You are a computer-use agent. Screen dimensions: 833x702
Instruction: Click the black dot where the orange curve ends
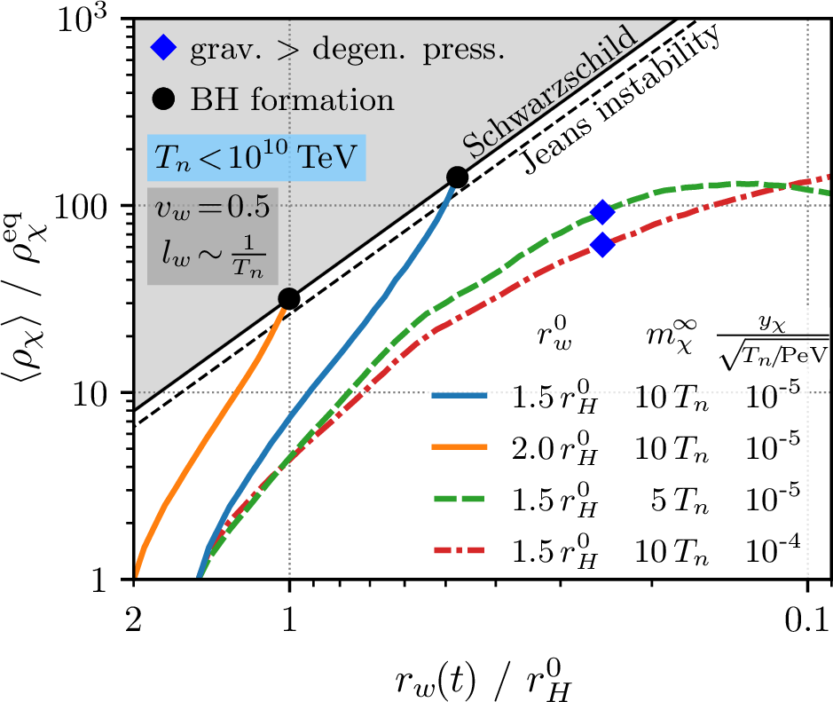pyautogui.click(x=289, y=299)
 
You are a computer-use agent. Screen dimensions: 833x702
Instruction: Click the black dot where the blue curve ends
pyautogui.click(x=457, y=177)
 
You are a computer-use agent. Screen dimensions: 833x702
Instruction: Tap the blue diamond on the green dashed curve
pyautogui.click(x=602, y=212)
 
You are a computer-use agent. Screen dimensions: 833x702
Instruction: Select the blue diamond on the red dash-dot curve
pyautogui.click(x=602, y=244)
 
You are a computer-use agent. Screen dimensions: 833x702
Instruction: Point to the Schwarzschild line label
pyautogui.click(x=550, y=91)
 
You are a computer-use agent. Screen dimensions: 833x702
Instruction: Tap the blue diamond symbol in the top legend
pyautogui.click(x=163, y=48)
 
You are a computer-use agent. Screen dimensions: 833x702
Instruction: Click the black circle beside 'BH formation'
pyautogui.click(x=163, y=99)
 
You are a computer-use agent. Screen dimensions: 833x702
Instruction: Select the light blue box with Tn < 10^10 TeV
pyautogui.click(x=256, y=158)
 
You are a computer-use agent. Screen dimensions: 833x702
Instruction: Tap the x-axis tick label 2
pyautogui.click(x=134, y=619)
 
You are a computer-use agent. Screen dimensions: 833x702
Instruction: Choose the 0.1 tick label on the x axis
pyautogui.click(x=805, y=619)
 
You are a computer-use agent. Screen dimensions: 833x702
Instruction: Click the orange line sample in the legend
pyautogui.click(x=460, y=447)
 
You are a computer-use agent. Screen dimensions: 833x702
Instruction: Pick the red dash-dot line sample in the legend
pyautogui.click(x=460, y=550)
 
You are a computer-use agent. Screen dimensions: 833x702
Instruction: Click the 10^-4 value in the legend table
pyautogui.click(x=773, y=550)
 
